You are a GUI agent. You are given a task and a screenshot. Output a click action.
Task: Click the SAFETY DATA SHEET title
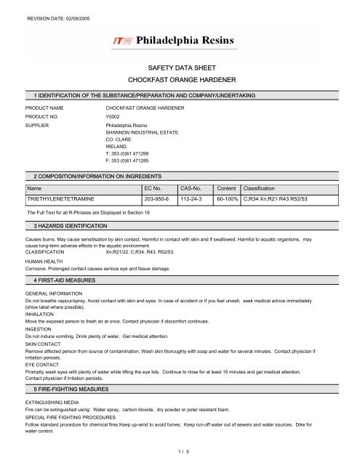click(x=179, y=65)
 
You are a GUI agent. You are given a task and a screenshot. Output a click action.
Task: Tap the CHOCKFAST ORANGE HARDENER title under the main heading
click(x=179, y=78)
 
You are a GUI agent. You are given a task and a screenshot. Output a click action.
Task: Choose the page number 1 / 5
click(x=179, y=451)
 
